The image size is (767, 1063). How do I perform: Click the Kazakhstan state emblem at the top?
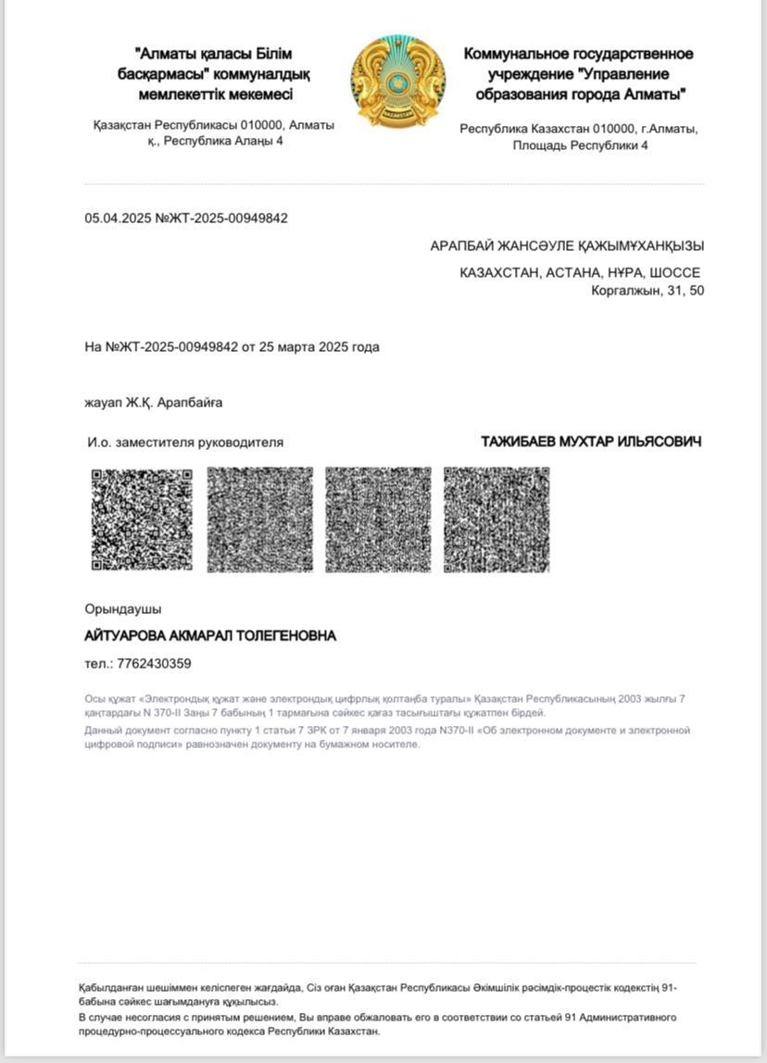point(397,81)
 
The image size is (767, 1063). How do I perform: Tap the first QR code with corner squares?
point(142,519)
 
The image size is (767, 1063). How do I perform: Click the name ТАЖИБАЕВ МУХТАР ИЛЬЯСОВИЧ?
point(591,442)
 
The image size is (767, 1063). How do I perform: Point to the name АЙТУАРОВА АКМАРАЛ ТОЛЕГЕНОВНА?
point(210,636)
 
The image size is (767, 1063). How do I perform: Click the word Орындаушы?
point(123,609)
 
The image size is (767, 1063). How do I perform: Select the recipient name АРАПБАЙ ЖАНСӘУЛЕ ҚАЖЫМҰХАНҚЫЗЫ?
point(567,246)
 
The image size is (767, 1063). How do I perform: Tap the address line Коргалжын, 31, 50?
point(648,291)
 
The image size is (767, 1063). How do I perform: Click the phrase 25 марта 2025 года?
point(320,347)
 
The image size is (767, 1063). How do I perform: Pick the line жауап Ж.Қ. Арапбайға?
point(154,403)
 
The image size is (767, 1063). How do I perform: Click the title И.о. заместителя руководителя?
point(185,443)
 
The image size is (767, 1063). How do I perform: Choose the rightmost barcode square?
point(497,519)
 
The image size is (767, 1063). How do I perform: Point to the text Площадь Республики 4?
point(580,145)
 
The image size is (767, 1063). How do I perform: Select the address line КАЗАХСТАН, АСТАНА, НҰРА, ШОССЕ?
point(580,272)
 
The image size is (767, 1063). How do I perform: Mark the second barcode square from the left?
point(260,519)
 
